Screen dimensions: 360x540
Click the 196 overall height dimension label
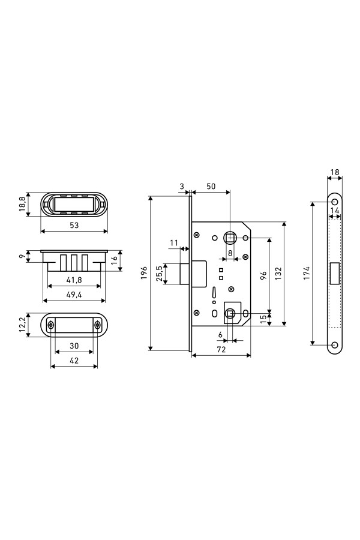pos(145,272)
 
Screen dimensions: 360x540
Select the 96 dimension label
pos(263,275)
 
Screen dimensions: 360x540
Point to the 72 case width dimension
pos(221,349)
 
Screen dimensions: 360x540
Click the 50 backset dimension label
pos(211,187)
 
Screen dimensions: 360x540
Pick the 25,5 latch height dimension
pos(159,274)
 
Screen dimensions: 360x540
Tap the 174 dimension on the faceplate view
pos(307,273)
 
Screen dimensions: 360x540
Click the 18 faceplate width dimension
pos(335,172)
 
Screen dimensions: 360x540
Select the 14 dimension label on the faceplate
pos(335,211)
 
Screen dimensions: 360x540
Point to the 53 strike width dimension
pos(74,225)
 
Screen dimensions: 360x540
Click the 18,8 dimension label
pos(22,205)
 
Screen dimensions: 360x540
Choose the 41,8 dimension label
pos(74,280)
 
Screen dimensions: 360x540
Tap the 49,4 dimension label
pos(74,295)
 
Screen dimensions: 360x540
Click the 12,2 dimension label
pos(22,325)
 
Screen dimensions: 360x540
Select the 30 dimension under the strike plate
pos(74,346)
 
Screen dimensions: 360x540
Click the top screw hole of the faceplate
pos(334,202)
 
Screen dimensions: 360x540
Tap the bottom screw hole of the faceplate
pos(334,345)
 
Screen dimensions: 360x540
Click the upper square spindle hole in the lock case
pos(230,237)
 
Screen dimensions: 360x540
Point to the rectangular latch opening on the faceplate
pos(334,274)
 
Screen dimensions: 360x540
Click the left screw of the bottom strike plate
pos(51,325)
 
